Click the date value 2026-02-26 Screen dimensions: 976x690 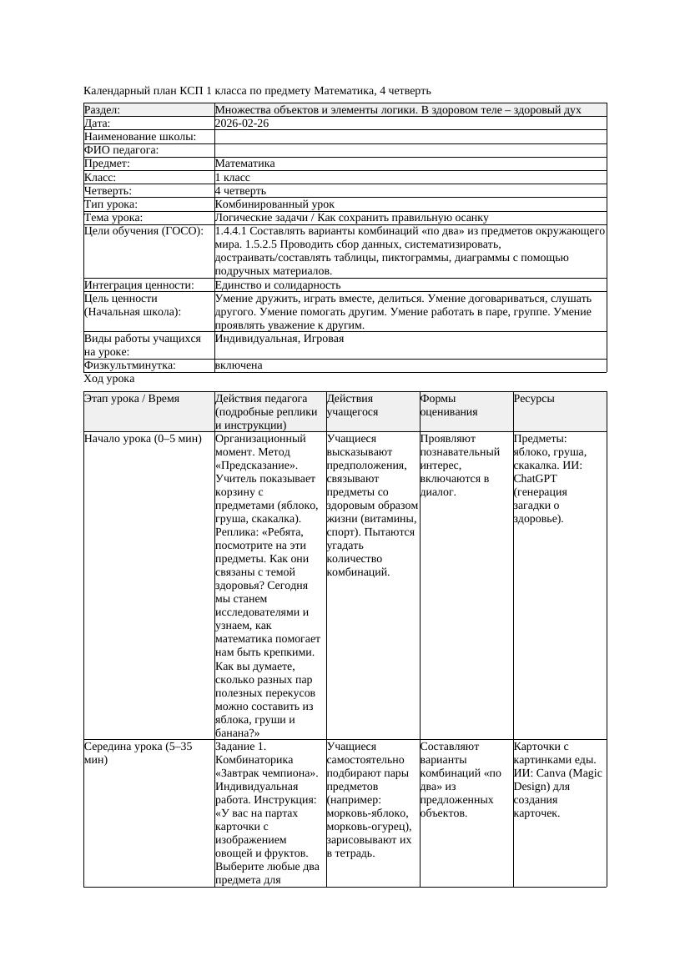point(242,123)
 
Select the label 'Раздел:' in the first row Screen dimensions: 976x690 point(103,110)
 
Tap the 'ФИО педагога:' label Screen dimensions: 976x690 point(122,150)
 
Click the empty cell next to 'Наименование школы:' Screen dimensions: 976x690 point(410,137)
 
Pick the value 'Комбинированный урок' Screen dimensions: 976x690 point(274,204)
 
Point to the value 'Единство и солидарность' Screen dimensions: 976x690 point(278,284)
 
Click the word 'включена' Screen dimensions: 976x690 point(239,365)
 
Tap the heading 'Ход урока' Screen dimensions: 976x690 point(109,379)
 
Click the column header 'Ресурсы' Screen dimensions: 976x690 point(534,399)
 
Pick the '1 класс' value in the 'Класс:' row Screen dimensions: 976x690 point(233,177)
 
